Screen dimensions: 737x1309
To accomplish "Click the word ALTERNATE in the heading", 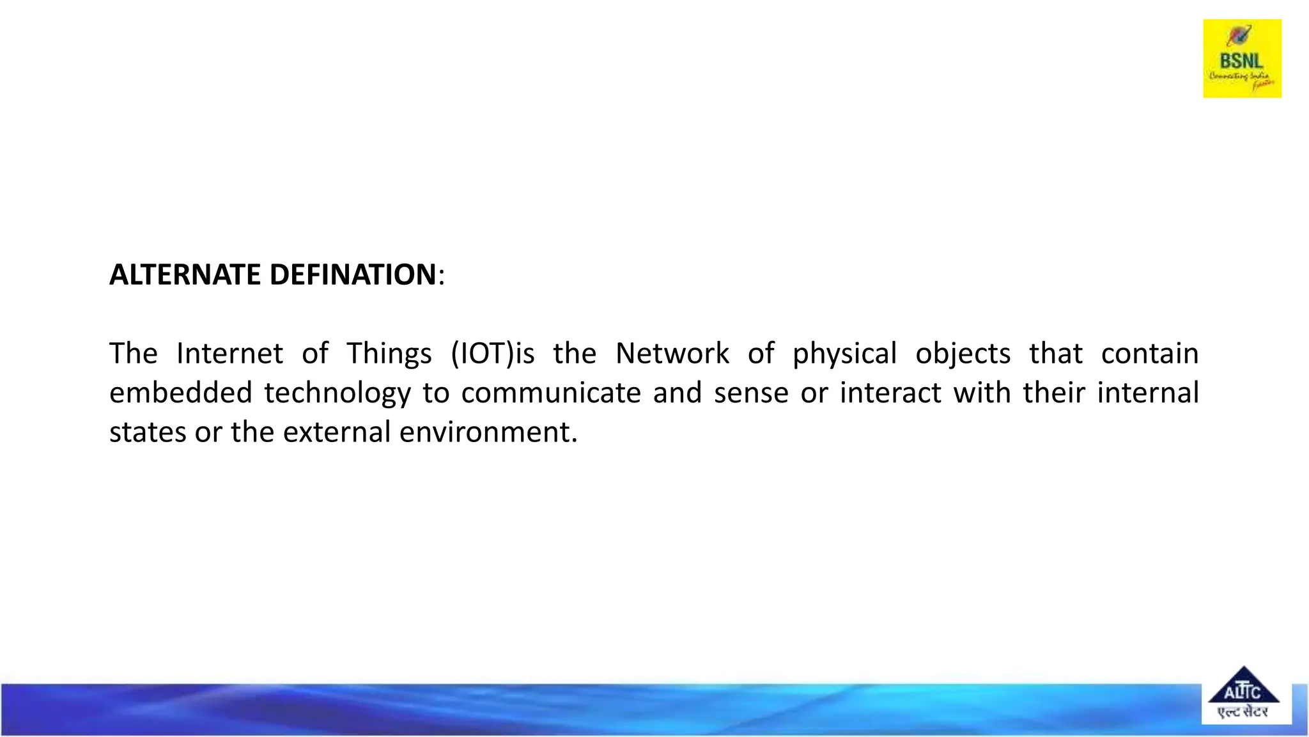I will [x=185, y=274].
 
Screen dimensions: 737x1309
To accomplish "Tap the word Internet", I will [x=229, y=353].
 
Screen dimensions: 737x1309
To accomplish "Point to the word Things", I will [x=389, y=353].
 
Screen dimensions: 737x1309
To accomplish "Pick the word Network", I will [x=672, y=353].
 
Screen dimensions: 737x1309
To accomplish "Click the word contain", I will [x=1149, y=353].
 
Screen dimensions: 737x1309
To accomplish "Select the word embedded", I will [x=180, y=392].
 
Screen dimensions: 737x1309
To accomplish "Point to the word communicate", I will [x=551, y=392].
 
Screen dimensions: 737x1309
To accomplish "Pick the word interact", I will [x=890, y=392].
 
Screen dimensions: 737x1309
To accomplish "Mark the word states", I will [x=146, y=432].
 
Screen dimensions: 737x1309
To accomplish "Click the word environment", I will [x=488, y=432].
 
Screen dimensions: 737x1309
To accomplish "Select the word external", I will [x=336, y=432].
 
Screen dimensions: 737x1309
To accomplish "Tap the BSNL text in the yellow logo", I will [x=1241, y=61].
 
